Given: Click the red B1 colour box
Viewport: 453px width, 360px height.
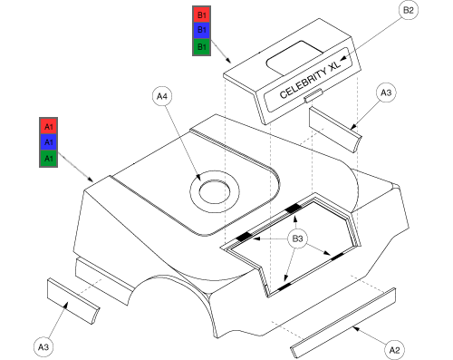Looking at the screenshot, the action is [202, 15].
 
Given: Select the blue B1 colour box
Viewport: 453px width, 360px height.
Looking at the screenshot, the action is [202, 30].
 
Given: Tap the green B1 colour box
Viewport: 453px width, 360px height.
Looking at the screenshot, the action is [202, 46].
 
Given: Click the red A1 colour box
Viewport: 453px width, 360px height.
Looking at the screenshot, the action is [48, 126].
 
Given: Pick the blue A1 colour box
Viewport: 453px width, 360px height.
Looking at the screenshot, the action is [48, 141].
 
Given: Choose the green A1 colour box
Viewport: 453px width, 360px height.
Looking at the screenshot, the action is [48, 158].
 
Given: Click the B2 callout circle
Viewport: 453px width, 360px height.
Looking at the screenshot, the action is [409, 10].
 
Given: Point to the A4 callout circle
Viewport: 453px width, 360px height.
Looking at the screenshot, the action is [162, 96].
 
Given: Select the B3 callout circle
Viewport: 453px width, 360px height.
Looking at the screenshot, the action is [297, 238].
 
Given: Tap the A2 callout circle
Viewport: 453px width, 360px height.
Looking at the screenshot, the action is [394, 350].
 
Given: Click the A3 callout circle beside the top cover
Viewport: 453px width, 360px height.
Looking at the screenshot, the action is [386, 92].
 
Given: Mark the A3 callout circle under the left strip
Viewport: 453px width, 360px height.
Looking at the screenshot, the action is [43, 346].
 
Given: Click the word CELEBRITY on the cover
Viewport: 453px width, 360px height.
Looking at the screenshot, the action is [304, 83].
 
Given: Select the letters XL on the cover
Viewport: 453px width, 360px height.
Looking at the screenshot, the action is [334, 64].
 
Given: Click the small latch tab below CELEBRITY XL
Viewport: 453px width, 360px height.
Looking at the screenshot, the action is [313, 95].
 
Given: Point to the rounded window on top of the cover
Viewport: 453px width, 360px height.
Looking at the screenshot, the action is [294, 58].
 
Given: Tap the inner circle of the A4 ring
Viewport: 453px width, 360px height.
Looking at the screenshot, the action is [215, 191].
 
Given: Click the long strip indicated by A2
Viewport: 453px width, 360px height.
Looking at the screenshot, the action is [343, 323].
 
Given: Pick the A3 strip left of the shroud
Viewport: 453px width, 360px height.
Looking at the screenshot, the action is [73, 301].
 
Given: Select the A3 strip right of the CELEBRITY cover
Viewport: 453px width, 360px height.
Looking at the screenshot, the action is [335, 130].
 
